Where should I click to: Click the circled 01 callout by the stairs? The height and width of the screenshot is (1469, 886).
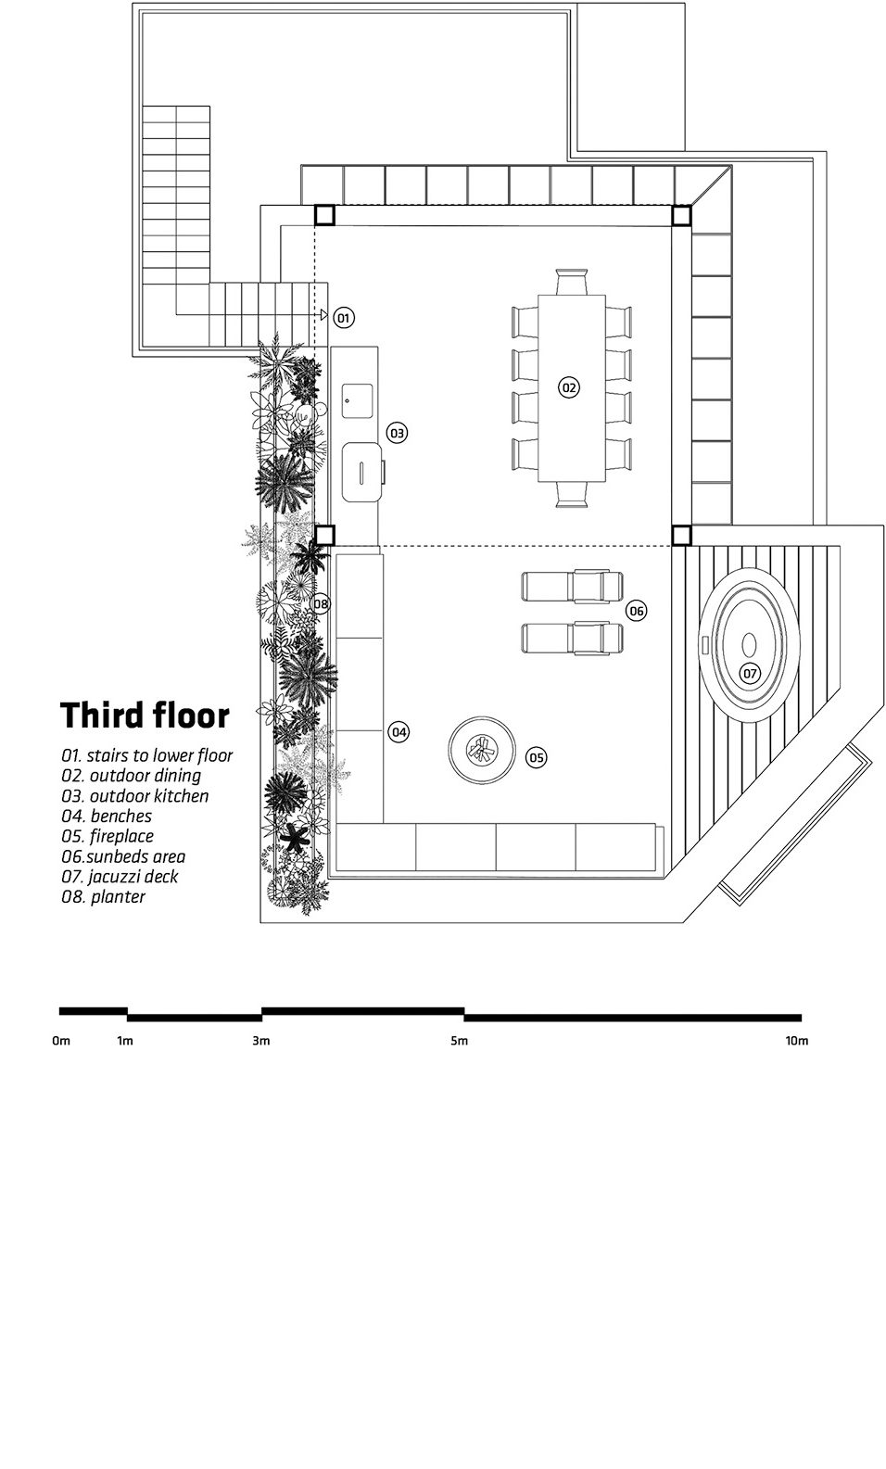coord(344,318)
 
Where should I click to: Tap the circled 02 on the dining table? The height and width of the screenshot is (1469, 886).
coord(569,387)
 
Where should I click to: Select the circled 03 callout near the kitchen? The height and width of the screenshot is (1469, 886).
coord(396,433)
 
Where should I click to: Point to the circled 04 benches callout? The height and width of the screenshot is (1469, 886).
coord(399,732)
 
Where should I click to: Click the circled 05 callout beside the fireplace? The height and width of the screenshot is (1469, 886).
coord(536,757)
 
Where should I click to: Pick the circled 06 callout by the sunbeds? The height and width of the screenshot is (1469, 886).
coord(636,611)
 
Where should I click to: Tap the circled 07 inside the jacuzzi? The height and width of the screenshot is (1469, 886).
coord(750,673)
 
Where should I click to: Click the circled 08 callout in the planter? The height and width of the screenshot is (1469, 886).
coord(320,603)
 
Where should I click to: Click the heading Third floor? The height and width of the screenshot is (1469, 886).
coord(145,715)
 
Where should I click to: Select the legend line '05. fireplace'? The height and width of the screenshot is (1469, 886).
coord(108,836)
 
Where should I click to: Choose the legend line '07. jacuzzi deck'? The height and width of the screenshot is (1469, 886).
coord(120,877)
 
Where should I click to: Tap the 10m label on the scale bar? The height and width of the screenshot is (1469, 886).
coord(797,1041)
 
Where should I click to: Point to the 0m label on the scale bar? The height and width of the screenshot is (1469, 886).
coord(61,1041)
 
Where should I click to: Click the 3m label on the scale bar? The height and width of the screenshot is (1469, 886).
coord(261,1041)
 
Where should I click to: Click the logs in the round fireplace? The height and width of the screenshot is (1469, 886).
coord(481,750)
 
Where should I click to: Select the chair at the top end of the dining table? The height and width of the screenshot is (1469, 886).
coord(571,282)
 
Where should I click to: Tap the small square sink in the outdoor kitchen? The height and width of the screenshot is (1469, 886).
coord(357,400)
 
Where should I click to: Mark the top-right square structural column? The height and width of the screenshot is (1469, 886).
coord(681,215)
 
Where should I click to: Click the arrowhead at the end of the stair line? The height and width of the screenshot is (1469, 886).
coord(324,315)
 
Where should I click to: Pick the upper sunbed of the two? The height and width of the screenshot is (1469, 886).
coord(572,587)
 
